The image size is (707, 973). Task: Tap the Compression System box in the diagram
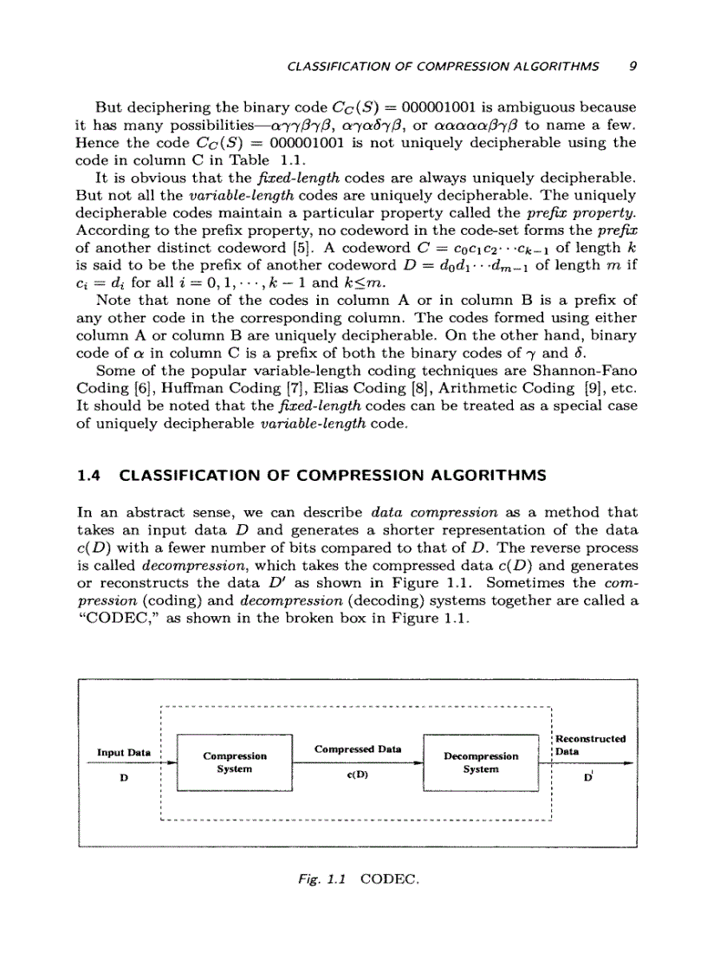click(234, 762)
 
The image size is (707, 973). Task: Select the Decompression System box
click(480, 762)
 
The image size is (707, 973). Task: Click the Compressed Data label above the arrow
click(357, 748)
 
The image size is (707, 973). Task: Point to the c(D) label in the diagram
click(357, 776)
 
